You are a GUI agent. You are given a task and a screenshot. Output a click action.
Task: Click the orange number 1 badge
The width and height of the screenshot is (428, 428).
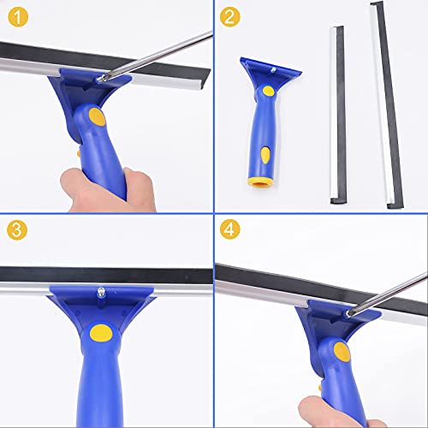tap(17, 16)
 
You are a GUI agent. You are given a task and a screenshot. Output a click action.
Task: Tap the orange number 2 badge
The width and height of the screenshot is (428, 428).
tap(229, 16)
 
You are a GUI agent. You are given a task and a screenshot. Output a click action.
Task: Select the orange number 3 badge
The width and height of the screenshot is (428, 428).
tap(17, 231)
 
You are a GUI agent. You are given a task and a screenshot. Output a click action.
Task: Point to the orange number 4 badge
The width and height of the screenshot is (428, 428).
tap(229, 231)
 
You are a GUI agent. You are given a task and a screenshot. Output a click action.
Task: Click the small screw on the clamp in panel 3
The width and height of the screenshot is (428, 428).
tap(101, 294)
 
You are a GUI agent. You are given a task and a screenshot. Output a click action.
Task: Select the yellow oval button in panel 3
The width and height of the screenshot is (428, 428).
tap(103, 333)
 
